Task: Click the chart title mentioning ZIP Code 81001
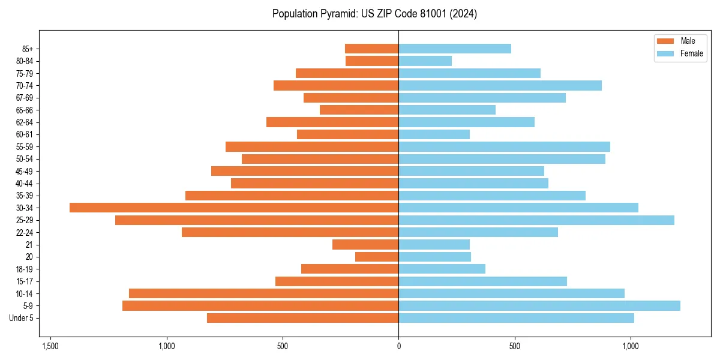pos(374,14)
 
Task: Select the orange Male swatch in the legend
pos(665,41)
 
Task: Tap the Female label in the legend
pos(691,53)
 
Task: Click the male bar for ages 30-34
pos(234,208)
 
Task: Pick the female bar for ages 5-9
pos(539,306)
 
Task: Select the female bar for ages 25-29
pos(536,220)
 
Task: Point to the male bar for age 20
pos(377,257)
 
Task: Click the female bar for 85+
pos(454,49)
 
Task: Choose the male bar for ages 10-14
pos(263,293)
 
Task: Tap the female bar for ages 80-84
pos(425,61)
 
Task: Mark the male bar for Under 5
pos(302,318)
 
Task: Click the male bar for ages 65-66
pos(359,110)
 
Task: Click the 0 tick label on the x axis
pos(398,346)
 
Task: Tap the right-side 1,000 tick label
pos(630,346)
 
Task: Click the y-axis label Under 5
pos(21,318)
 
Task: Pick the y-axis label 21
pos(29,245)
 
